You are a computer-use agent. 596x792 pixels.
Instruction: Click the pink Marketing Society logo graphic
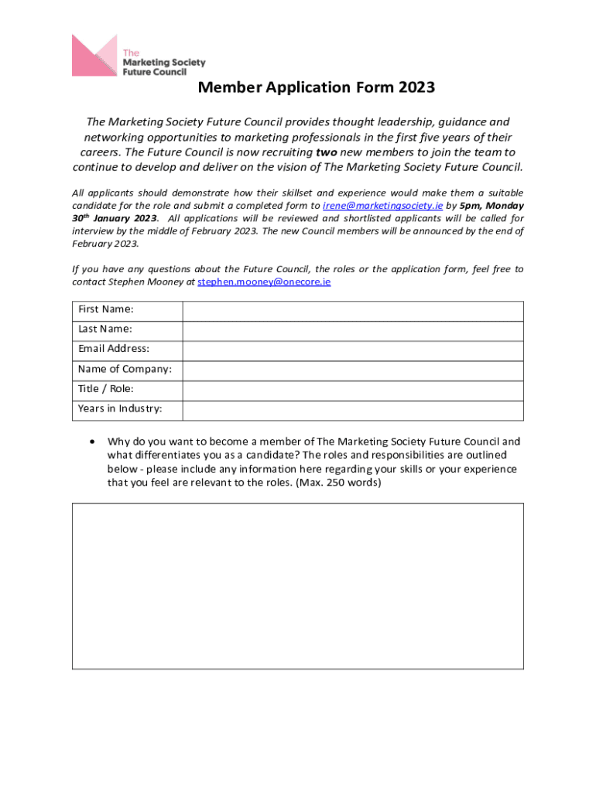(94, 55)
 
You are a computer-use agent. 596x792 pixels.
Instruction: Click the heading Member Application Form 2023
(316, 87)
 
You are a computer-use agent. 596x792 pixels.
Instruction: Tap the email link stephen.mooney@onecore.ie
(264, 282)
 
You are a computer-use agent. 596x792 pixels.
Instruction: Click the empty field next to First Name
(353, 310)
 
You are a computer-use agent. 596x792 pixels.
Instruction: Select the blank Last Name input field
(353, 330)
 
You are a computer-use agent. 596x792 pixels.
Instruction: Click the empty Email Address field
(353, 350)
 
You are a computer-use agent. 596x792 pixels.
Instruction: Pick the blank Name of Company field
(353, 370)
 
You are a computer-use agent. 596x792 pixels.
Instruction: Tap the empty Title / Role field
(353, 391)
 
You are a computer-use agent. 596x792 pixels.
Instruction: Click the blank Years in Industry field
(353, 411)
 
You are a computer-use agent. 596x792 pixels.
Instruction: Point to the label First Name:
(105, 309)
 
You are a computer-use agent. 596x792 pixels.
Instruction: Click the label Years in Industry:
(120, 409)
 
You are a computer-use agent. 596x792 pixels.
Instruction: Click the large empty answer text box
(298, 585)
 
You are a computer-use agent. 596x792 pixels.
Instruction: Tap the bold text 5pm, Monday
(492, 206)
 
